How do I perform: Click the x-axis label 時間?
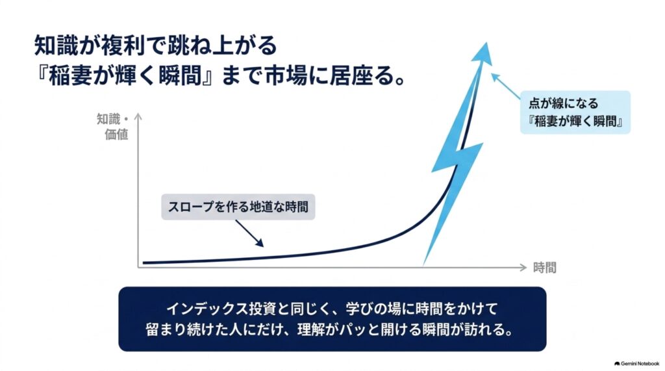point(544,268)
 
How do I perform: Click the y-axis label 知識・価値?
point(113,127)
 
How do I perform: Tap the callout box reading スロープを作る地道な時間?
point(238,207)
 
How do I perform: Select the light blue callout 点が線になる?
point(575,112)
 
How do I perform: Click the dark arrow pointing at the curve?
point(249,233)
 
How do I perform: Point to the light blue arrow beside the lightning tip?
point(505,86)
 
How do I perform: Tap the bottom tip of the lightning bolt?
point(423,264)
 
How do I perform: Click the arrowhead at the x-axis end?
point(523,268)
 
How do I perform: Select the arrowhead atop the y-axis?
point(138,117)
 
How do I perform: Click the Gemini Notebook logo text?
point(636,364)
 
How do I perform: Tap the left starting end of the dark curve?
point(144,262)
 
